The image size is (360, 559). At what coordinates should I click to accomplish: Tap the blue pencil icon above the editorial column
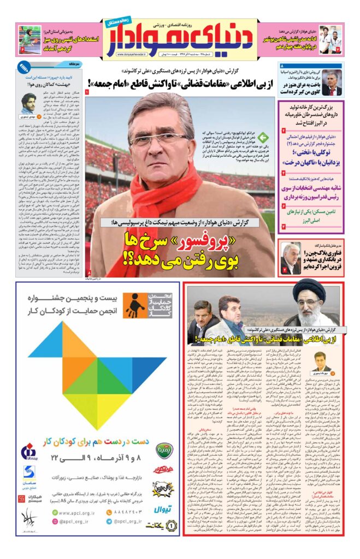pyautogui.click(x=23, y=67)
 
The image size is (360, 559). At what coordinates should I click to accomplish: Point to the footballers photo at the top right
pyautogui.click(x=331, y=39)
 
